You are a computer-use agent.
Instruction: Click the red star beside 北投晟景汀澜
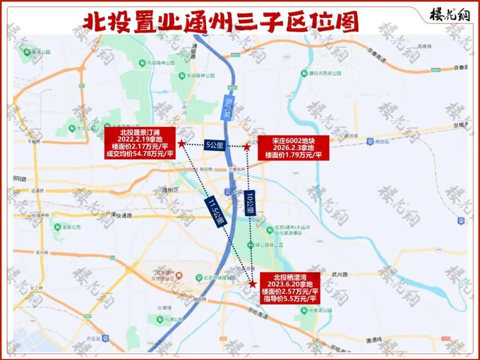coord(181,143)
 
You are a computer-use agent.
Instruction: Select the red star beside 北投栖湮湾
coord(252,284)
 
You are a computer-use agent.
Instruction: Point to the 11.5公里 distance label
coord(215,212)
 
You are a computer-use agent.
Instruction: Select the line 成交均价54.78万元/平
coord(139,154)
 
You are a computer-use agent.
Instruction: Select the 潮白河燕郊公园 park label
coord(324,73)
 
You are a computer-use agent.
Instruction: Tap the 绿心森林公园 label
coord(271,245)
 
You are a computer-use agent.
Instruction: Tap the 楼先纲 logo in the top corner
coord(449,14)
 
